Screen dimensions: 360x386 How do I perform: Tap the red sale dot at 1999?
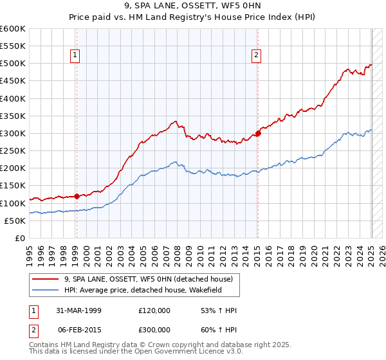(x=77, y=195)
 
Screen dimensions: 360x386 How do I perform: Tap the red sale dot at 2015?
(x=257, y=133)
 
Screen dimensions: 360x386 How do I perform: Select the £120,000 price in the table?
(x=154, y=310)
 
